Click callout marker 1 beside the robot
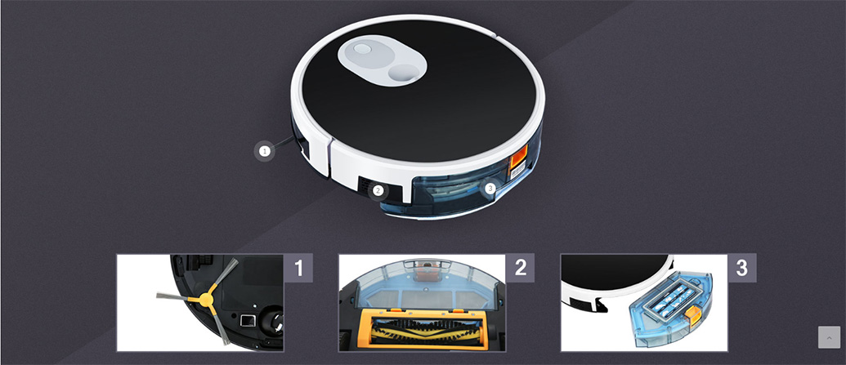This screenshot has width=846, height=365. point(264,152)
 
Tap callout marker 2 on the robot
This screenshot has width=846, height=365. point(378,189)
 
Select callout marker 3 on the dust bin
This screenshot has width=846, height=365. point(490,188)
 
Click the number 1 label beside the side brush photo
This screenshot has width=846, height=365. point(298,268)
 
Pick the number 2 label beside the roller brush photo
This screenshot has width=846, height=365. point(520,268)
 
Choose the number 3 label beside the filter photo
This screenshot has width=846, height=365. point(742,268)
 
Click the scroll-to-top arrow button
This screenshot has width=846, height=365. point(830,337)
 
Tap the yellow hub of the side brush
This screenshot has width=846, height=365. point(206,300)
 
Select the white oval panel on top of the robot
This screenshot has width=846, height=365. point(382,60)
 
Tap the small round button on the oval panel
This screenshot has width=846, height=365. point(363,49)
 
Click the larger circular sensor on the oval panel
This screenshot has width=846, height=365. point(404,71)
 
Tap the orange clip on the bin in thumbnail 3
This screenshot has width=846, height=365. point(692,315)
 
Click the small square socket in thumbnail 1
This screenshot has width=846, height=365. point(247,321)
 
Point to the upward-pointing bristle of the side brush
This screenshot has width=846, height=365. point(223,275)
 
